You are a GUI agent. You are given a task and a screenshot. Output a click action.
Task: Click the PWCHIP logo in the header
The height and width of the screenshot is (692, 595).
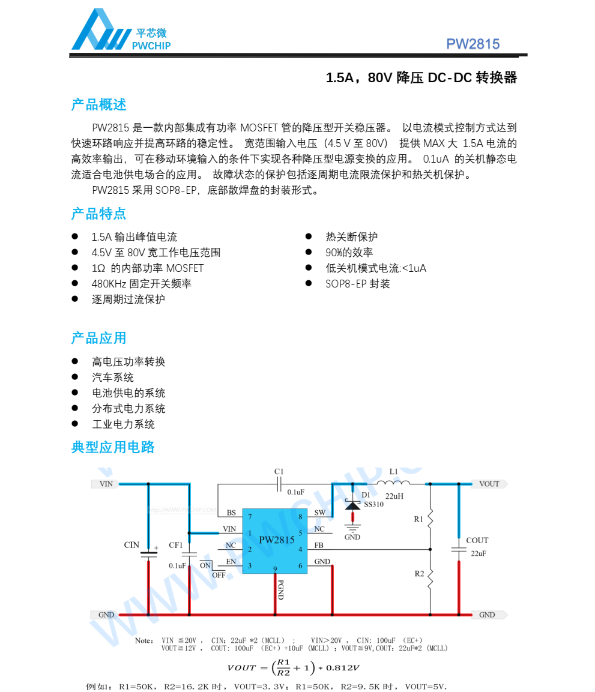coord(120,32)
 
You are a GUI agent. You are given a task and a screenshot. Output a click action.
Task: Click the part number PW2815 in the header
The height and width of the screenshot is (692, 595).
coord(473,44)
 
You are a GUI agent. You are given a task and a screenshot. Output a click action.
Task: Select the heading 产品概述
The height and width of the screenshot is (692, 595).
coord(98,104)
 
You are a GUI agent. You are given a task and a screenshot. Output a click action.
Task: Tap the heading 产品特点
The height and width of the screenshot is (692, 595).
coord(98,214)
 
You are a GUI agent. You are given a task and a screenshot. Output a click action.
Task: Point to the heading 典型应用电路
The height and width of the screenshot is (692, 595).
coord(113,447)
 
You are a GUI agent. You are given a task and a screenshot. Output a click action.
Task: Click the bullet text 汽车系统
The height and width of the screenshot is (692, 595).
coord(113,378)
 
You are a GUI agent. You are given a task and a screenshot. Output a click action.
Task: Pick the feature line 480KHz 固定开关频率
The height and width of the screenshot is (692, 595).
coord(141,284)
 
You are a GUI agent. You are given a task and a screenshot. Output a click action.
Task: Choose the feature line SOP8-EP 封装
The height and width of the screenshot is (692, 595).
coord(358,284)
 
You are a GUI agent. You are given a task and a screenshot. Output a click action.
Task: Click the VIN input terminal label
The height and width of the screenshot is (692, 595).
coord(106,484)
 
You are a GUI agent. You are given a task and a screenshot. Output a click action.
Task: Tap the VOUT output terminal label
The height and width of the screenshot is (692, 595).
coord(489,484)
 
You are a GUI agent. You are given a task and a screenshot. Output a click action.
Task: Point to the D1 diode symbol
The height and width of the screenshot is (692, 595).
coord(352,505)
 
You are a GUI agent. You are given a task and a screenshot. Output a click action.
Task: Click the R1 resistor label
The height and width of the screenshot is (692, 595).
coord(418,519)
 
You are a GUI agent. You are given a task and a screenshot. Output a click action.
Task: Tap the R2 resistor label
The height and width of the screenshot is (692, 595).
coord(419,574)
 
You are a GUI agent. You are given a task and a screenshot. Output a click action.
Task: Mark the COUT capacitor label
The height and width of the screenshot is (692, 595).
coord(477,540)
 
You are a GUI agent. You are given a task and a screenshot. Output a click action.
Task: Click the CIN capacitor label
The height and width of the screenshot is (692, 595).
coord(131,545)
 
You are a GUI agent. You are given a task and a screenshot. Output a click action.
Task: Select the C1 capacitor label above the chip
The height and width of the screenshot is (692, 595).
coord(279,472)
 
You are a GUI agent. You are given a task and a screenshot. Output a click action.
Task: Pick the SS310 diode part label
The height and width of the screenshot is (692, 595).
coord(373,504)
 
